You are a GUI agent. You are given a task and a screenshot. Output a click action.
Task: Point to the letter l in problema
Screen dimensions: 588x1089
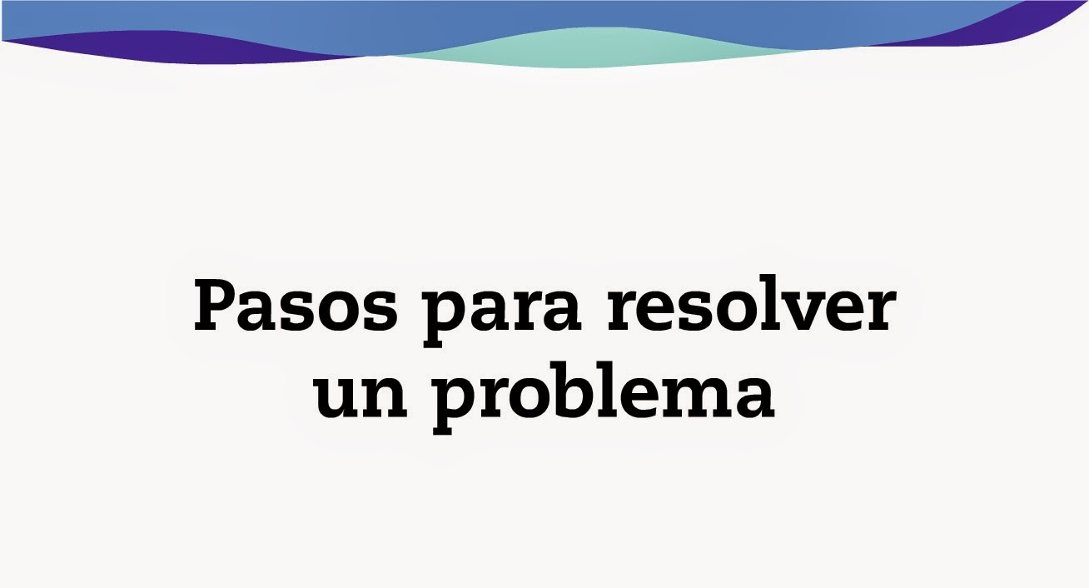click(614, 386)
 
